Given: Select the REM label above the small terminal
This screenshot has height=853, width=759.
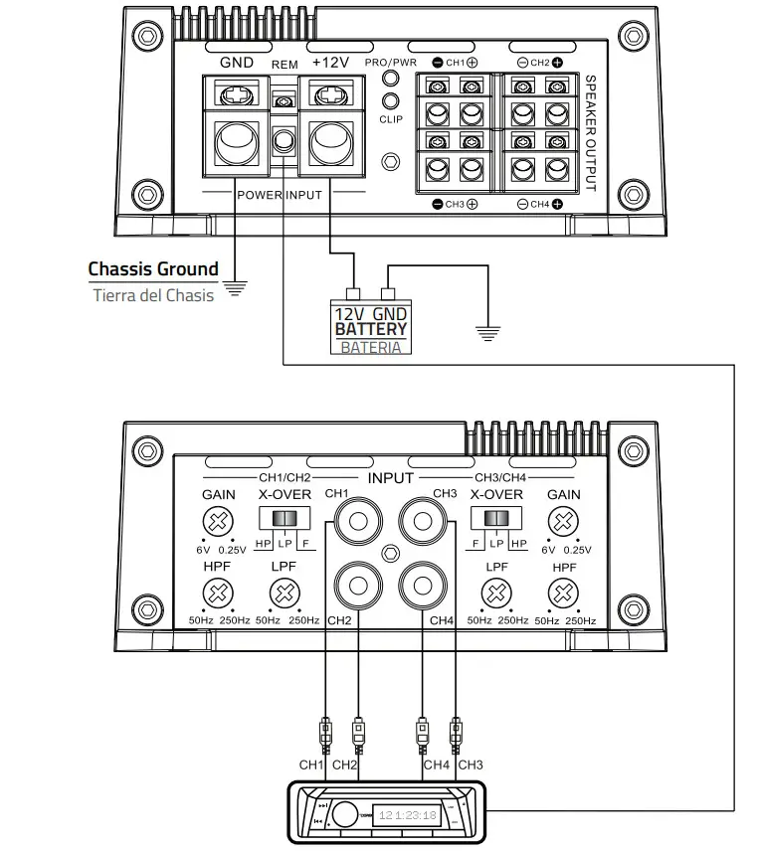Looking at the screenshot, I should (285, 65).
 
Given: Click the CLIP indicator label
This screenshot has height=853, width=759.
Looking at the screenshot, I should (391, 118).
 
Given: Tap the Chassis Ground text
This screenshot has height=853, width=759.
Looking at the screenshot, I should (153, 268).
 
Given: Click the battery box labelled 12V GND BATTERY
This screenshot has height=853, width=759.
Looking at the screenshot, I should (371, 322).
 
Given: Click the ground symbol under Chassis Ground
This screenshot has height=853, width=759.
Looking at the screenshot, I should (235, 289).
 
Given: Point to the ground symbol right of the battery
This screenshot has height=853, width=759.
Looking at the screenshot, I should (485, 333).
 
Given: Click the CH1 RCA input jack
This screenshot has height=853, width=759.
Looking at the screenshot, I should (357, 521).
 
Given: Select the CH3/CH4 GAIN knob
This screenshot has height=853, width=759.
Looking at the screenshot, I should (564, 521).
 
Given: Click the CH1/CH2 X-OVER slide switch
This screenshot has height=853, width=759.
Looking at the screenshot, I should (285, 519).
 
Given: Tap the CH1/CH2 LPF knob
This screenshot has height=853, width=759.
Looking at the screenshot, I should (284, 595).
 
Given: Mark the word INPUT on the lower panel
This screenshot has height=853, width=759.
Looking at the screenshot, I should (390, 477).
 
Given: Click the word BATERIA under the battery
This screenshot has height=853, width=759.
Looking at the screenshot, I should (371, 347).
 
